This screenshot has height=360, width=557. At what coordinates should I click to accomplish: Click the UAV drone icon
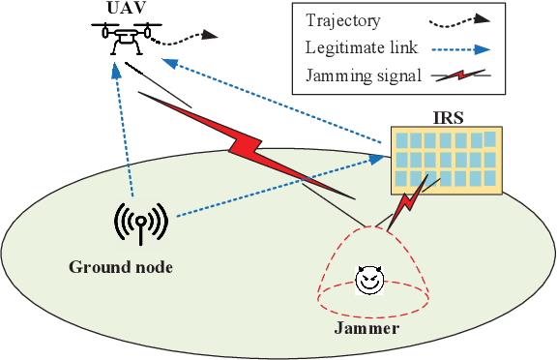(x=125, y=40)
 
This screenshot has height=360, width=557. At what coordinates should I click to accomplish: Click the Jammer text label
(x=366, y=329)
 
